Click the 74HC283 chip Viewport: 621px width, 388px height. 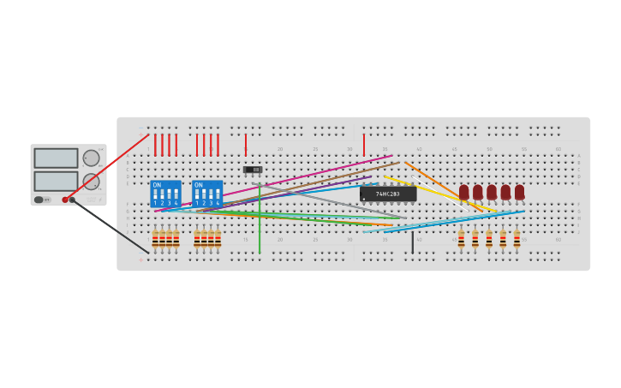388,194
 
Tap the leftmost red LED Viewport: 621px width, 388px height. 464,192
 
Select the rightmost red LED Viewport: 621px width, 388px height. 519,192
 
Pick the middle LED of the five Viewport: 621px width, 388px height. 492,192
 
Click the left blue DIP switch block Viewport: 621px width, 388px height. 165,194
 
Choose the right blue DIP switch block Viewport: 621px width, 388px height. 206,194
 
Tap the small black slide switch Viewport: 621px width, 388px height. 253,170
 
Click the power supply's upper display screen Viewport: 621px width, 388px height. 56,158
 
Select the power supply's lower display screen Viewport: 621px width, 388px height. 56,181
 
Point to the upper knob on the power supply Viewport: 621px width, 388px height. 91,158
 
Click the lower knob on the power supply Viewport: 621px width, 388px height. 91,181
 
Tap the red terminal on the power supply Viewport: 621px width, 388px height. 65,200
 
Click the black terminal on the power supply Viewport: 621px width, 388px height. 72,200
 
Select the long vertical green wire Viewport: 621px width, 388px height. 260,223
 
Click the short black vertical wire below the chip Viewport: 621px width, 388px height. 412,242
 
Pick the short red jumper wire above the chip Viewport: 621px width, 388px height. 363,144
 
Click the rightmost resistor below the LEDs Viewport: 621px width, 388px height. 517,239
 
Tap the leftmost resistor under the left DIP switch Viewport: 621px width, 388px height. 155,239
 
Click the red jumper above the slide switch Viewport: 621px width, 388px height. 246,144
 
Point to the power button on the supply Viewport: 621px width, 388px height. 39,200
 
